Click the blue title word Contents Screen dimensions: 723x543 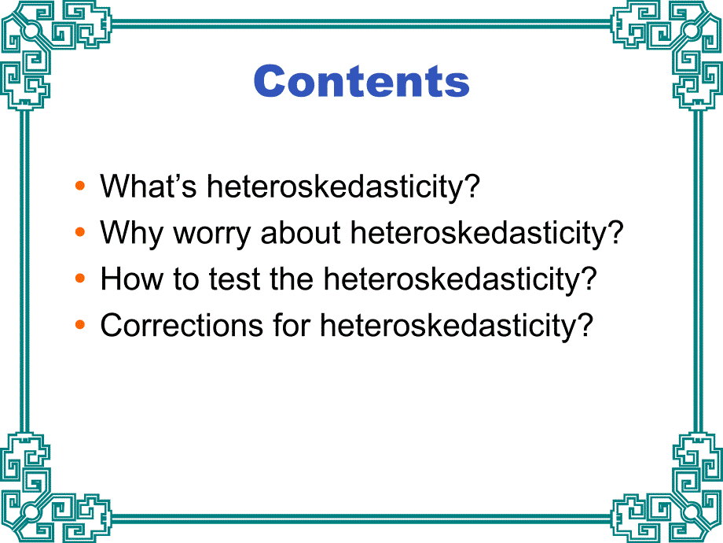pyautogui.click(x=361, y=81)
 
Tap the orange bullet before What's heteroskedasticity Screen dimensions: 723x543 pyautogui.click(x=80, y=186)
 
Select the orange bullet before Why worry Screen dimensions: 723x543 pyautogui.click(x=80, y=232)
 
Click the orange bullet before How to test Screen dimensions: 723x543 pyautogui.click(x=80, y=278)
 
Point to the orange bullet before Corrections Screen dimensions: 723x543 pyautogui.click(x=80, y=324)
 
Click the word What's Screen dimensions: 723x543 pyautogui.click(x=149, y=186)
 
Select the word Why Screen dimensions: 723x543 pyautogui.click(x=132, y=233)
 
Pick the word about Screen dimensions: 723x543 pyautogui.click(x=301, y=232)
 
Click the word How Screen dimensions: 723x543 pyautogui.click(x=132, y=279)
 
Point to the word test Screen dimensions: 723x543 pyautogui.click(x=235, y=279)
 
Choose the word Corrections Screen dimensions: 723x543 pyautogui.click(x=182, y=324)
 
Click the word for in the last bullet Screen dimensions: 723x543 pyautogui.click(x=292, y=324)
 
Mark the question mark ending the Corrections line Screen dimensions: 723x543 pyautogui.click(x=584, y=324)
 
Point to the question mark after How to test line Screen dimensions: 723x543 pyautogui.click(x=588, y=278)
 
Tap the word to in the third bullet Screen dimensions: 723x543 pyautogui.click(x=186, y=279)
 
